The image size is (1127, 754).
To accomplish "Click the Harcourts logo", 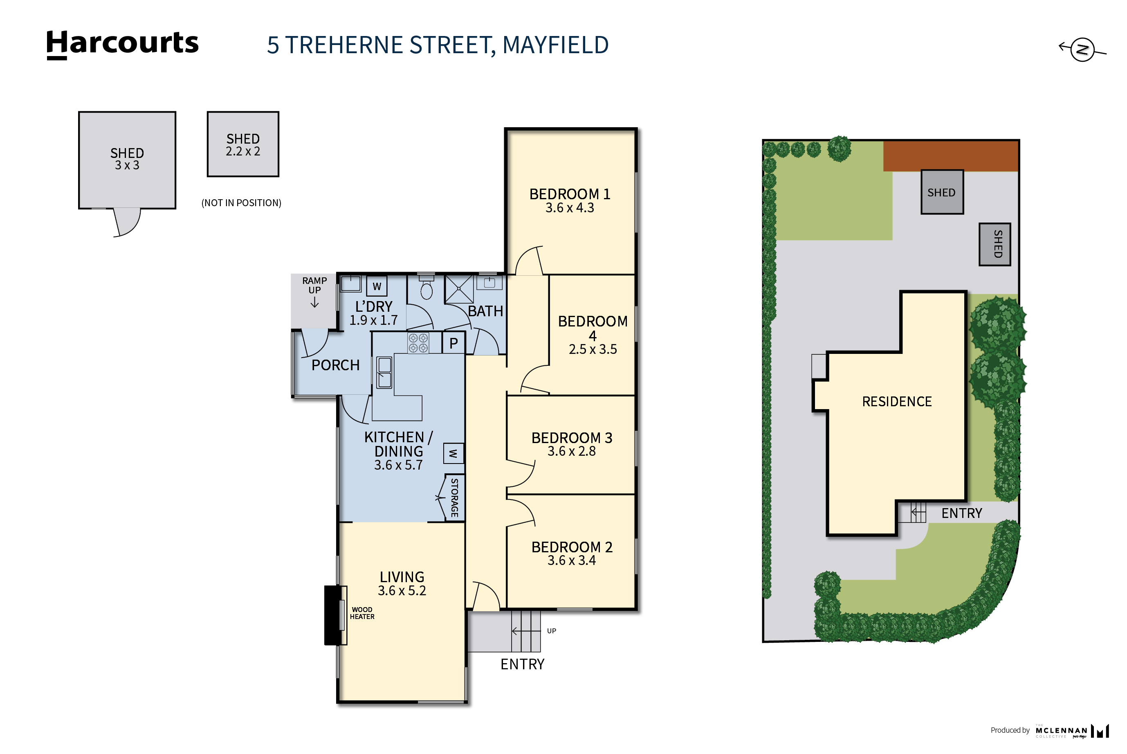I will pos(122,44).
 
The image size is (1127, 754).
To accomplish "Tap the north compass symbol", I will pos(1082,49).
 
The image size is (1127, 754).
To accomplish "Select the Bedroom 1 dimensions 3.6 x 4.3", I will pos(570,208).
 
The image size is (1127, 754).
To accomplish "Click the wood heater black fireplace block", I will pos(332,615).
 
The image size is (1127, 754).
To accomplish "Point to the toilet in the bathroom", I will pos(426,290).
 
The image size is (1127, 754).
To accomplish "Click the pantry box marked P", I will pos(453,343).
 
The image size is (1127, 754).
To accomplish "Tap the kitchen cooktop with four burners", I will pos(418,343).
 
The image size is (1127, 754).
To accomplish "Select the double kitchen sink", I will pos(384,373).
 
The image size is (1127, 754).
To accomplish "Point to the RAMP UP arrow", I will pos(314,302).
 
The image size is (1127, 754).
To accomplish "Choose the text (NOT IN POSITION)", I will pos(241,203).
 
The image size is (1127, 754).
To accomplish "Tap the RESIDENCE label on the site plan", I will pos(896,401).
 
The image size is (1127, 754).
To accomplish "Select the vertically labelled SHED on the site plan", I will pos(995,244).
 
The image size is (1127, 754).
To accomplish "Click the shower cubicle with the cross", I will pos(459,289).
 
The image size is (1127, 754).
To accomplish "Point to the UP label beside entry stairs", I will pos(551,631).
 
